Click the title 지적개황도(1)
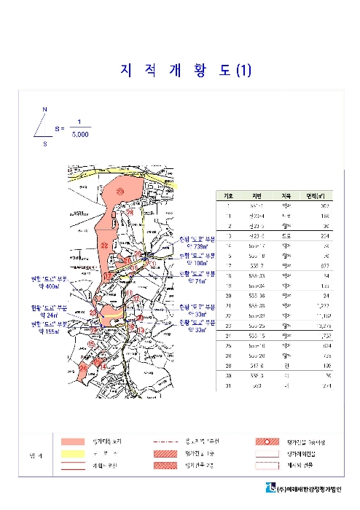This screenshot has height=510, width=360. [x=184, y=71]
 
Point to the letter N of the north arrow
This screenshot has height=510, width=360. [x=44, y=109]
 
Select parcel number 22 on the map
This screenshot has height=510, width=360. [x=105, y=245]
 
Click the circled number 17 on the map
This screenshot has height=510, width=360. [x=106, y=277]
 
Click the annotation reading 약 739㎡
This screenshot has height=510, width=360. [x=197, y=246]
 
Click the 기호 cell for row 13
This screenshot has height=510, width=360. [x=228, y=236]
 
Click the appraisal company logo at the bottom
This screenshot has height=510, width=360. [x=272, y=487]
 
